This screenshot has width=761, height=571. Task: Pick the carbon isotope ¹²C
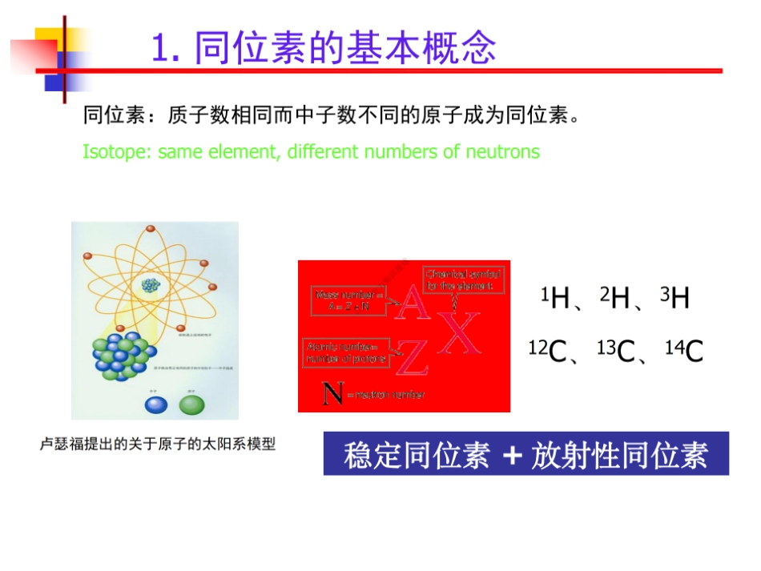548,351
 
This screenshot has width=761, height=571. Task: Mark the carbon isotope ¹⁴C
684,351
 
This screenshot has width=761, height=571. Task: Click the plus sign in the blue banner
514,455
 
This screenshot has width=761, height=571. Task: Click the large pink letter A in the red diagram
412,304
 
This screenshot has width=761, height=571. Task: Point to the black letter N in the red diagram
332,394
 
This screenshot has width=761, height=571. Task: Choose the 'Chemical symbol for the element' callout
464,279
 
